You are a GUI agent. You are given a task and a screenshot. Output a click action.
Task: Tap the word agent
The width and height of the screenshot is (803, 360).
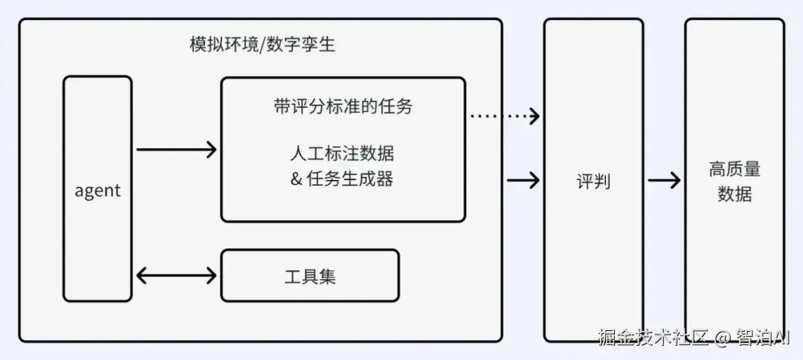tap(97, 190)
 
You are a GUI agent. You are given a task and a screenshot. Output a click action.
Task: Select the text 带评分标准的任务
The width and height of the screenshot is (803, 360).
tap(343, 106)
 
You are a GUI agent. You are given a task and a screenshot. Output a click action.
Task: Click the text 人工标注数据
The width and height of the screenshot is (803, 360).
tap(342, 154)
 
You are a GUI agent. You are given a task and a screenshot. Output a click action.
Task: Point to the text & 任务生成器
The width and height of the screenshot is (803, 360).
tap(342, 179)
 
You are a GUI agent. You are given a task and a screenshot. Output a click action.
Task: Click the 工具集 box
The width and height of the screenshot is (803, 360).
tap(310, 275)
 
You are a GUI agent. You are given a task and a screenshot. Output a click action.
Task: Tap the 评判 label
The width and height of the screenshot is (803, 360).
tap(593, 181)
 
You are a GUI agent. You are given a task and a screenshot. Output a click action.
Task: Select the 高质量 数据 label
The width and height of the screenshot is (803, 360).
tap(734, 181)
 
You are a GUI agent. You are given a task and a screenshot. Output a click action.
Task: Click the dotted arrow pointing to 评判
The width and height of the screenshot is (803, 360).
tap(505, 115)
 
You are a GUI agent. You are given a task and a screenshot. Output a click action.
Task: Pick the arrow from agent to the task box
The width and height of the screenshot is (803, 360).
tap(176, 150)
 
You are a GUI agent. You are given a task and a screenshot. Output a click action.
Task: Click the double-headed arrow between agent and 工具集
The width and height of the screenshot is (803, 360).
tap(176, 275)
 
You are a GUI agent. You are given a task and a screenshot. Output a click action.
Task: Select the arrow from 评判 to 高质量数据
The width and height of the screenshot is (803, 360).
tap(663, 180)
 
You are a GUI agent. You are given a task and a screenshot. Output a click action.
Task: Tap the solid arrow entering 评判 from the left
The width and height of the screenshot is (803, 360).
tap(523, 180)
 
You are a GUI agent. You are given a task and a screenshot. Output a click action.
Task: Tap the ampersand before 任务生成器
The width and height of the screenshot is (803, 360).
tap(296, 179)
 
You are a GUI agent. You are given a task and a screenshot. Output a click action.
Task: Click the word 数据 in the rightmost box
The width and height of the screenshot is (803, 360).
tap(734, 194)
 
